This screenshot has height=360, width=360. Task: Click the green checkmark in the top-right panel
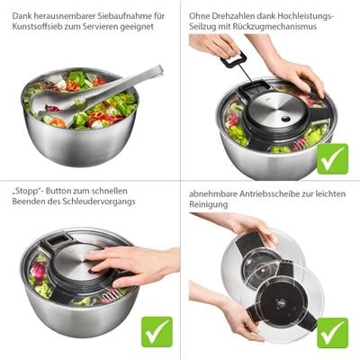332,157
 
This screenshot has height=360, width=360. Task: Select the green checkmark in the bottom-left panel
157,332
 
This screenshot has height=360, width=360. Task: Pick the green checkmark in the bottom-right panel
332,332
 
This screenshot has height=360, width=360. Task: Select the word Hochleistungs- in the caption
307,14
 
